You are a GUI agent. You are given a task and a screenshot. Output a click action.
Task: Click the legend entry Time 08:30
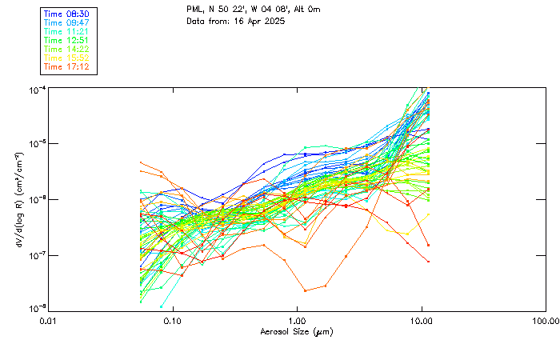pyautogui.click(x=67, y=14)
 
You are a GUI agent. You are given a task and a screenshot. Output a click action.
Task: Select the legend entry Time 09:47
pyautogui.click(x=67, y=22)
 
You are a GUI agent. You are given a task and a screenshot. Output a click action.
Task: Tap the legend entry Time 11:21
pyautogui.click(x=67, y=31)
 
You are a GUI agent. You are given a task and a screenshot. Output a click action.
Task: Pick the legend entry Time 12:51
pyautogui.click(x=67, y=40)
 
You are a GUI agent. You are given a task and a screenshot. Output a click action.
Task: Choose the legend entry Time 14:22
pyautogui.click(x=67, y=49)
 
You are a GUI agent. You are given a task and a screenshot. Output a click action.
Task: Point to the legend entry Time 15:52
pyautogui.click(x=67, y=58)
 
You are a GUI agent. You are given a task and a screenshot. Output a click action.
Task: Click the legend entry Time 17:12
pyautogui.click(x=67, y=66)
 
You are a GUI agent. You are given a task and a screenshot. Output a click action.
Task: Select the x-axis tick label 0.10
pyautogui.click(x=172, y=321)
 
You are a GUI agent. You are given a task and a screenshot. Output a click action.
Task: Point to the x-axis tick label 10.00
pyautogui.click(x=421, y=321)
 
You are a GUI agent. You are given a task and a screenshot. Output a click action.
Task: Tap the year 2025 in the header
pyautogui.click(x=274, y=21)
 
